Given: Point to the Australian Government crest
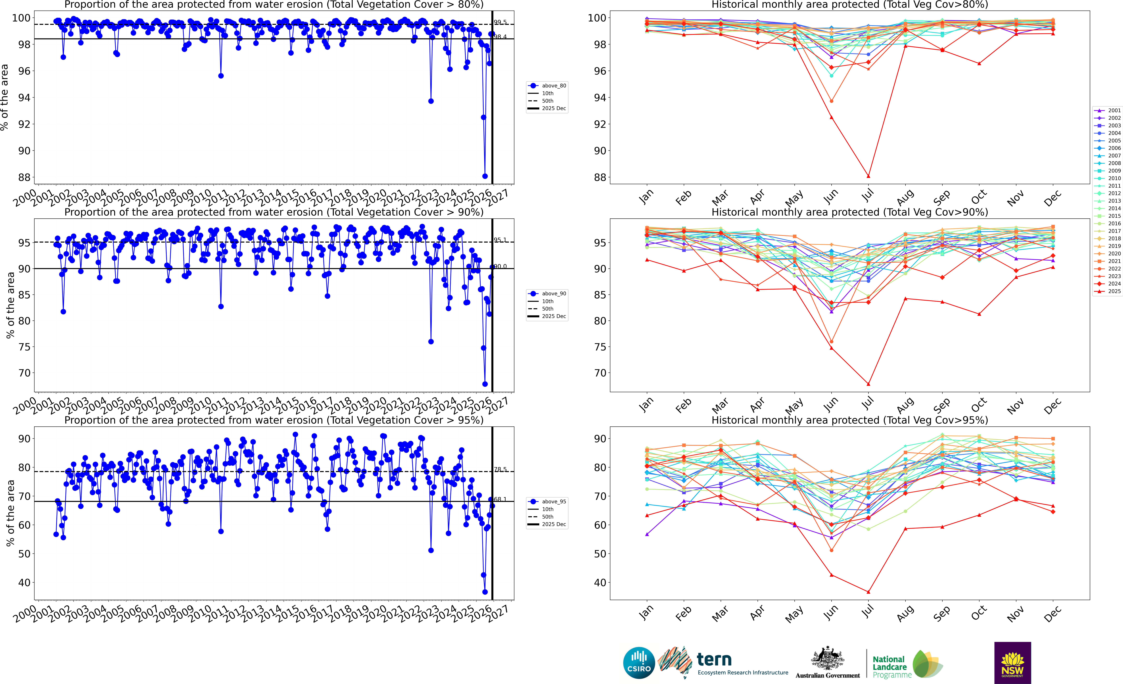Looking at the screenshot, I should click(827, 659).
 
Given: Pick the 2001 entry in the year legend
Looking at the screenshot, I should click(1108, 110).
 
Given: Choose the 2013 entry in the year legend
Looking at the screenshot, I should click(1108, 201).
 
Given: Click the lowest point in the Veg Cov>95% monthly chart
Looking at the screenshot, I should click(869, 592).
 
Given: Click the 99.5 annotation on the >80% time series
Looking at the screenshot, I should click(500, 22).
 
